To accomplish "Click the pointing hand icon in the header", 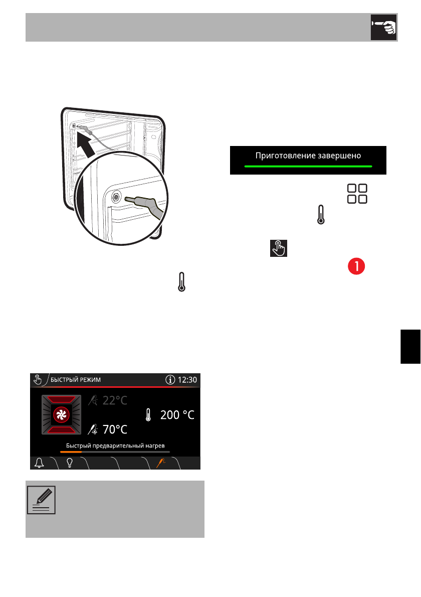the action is point(383,27).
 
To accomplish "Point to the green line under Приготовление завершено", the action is point(308,166).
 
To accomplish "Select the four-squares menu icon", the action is point(357,194).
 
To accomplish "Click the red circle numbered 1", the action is point(356,266).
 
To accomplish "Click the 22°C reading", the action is point(115,400).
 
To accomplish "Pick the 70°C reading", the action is point(115,429).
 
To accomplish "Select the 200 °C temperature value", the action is point(177,415).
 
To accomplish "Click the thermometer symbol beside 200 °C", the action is point(148,415).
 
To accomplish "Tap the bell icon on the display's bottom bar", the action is point(39,463).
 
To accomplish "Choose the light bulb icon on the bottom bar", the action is point(70,463).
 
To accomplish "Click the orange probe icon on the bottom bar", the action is point(161,463).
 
